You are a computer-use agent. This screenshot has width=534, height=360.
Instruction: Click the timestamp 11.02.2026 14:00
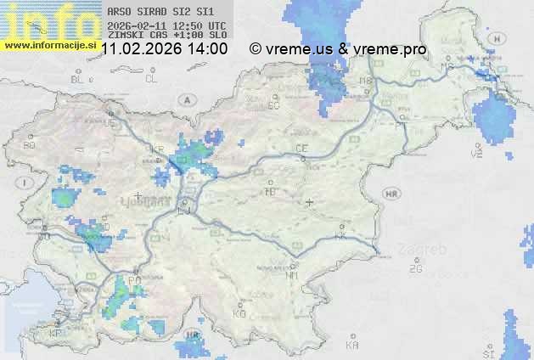pos(164,48)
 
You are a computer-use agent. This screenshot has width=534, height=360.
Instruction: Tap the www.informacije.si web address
pos(49,44)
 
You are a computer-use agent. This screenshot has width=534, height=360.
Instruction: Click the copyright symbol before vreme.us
pos(255,48)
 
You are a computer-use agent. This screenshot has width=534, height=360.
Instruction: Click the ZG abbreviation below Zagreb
pos(415,269)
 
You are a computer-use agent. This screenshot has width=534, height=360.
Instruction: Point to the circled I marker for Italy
pos(27,182)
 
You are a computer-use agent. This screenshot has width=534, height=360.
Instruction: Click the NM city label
pos(292,275)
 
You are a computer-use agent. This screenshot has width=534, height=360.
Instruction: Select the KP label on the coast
pos(56,334)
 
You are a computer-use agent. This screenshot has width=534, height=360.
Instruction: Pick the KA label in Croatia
pos(352,345)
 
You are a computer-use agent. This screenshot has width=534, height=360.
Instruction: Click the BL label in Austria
pos(78,79)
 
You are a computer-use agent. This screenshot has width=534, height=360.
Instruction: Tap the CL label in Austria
pos(151,79)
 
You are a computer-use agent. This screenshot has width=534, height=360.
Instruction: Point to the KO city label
pos(239,313)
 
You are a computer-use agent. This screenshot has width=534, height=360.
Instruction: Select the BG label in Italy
pos(29,145)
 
